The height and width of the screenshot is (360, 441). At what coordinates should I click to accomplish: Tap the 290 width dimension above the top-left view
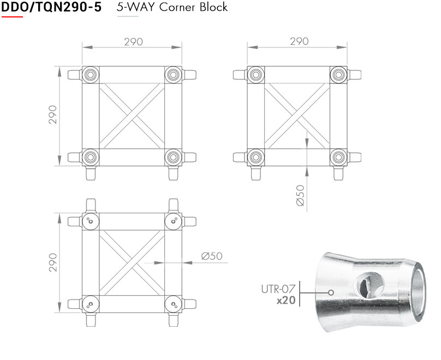point(132,41)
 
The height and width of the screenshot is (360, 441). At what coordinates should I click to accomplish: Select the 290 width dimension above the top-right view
point(299,41)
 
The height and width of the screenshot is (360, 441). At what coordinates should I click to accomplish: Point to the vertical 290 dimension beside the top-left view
point(53,115)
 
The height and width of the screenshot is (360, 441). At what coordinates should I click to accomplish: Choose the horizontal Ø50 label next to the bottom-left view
point(212,256)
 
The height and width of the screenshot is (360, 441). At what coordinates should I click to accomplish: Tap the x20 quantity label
point(285,299)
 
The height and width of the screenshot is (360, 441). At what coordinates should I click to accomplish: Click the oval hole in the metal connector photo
point(364,284)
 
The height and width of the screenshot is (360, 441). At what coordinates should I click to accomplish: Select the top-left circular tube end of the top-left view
point(91,74)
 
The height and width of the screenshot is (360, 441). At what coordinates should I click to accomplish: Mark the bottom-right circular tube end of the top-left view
point(173,157)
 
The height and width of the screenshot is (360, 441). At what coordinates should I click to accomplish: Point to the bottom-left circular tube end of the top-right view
point(255,157)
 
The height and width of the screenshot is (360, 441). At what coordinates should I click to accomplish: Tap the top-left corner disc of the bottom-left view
point(91,221)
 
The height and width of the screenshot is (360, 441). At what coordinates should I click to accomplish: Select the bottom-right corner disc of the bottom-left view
point(173,304)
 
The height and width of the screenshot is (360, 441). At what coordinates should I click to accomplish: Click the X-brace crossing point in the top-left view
point(132,116)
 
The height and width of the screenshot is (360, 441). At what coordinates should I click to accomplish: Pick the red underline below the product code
point(12,17)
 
